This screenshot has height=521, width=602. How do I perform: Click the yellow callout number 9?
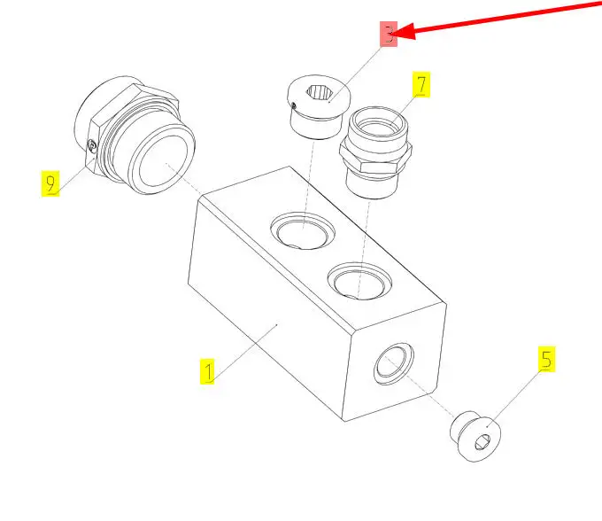(x=50, y=183)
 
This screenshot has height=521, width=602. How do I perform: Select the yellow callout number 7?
(x=421, y=84)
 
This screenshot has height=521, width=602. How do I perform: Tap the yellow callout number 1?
(x=207, y=371)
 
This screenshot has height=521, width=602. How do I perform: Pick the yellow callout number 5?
(x=546, y=359)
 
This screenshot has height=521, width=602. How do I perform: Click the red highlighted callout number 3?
(x=389, y=34)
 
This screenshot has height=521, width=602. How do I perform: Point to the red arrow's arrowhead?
(x=404, y=31)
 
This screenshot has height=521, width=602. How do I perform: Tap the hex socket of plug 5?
(x=482, y=443)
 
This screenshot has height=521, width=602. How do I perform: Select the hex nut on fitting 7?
(x=375, y=156)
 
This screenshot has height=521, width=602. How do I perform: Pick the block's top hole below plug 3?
(x=303, y=230)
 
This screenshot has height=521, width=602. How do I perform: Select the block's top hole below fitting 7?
(x=359, y=281)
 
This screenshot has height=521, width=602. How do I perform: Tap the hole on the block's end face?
(x=394, y=363)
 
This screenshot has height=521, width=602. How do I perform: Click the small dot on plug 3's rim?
(x=294, y=105)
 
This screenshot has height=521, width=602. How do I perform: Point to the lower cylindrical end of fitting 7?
(x=370, y=184)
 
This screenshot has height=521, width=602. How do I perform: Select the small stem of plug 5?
(x=460, y=425)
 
